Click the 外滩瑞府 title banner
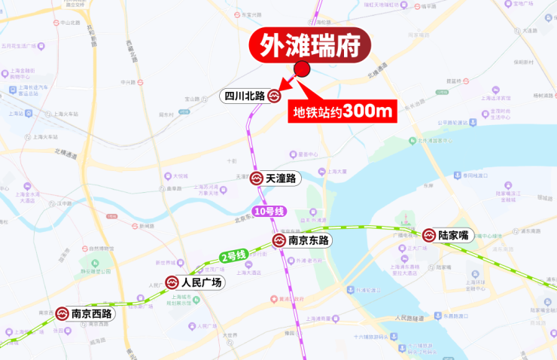[x=309, y=47]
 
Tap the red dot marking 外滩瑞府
[x=303, y=69]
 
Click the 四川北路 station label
[x=244, y=96]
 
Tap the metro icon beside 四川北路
[x=274, y=96]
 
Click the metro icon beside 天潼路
[x=257, y=179]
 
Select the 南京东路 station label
[x=309, y=241]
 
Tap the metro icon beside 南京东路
[x=279, y=241]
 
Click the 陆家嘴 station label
[x=453, y=235]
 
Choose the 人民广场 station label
[x=202, y=283]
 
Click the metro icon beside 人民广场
[x=172, y=283]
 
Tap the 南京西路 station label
[x=91, y=313]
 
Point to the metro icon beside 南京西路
[x=62, y=313]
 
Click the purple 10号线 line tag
[x=269, y=212]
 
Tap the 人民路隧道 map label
[x=408, y=318]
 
